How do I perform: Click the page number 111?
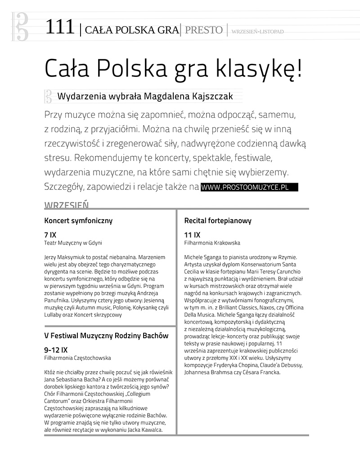[x=59, y=28]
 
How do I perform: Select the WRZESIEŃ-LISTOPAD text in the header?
[x=258, y=31]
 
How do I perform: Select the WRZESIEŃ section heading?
[x=66, y=205]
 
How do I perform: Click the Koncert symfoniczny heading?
[x=78, y=221]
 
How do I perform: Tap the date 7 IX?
[x=50, y=235]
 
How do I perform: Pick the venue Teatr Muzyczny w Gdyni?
[x=73, y=243]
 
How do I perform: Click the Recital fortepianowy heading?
[x=218, y=221]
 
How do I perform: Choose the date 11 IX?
[x=192, y=235]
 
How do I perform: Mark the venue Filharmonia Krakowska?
[x=212, y=243]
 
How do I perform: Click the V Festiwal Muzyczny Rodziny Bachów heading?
[x=106, y=336]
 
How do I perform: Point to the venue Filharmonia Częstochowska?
[x=77, y=358]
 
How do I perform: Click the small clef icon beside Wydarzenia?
[x=48, y=96]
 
